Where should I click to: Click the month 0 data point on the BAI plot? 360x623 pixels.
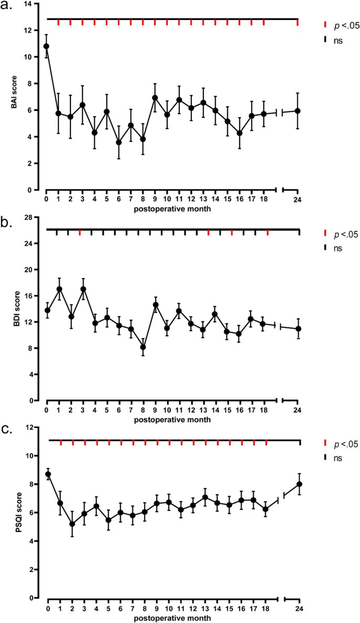(46, 46)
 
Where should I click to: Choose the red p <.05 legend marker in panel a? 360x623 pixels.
(325, 25)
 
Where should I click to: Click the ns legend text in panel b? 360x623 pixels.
(338, 247)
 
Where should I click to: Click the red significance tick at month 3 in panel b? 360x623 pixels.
(79, 232)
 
